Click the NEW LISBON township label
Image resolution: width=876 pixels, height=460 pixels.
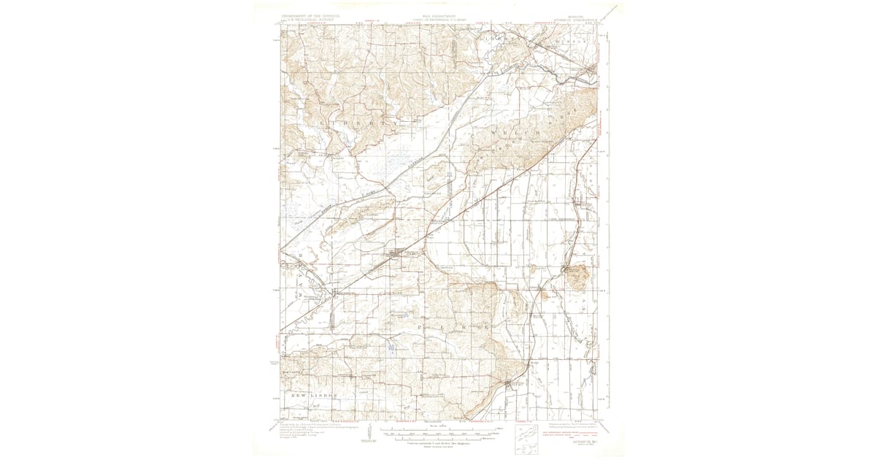pos(314,395)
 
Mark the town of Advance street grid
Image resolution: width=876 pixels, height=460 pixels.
pos(395,255)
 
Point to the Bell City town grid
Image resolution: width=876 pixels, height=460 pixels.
pos(511,383)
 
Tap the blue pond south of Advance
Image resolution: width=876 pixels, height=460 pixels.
pos(392,348)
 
